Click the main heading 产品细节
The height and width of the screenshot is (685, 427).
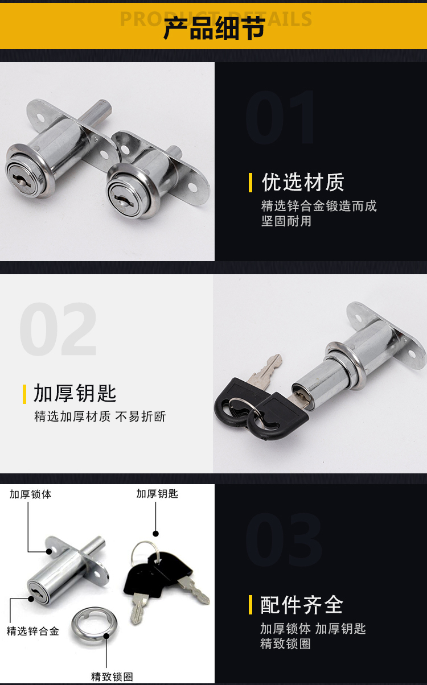pyautogui.click(x=214, y=28)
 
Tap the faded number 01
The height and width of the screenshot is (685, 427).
pyautogui.click(x=280, y=117)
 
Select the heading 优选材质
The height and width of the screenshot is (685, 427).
pyautogui.click(x=303, y=182)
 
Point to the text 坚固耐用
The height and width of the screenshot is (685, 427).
pyautogui.click(x=286, y=221)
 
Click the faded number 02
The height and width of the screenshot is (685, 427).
pyautogui.click(x=58, y=329)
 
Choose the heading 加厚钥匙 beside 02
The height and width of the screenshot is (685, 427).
pyautogui.click(x=75, y=393)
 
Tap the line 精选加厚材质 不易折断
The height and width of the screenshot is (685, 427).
pyautogui.click(x=100, y=416)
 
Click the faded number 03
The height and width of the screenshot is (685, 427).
pyautogui.click(x=284, y=539)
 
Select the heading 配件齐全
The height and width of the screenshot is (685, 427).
pyautogui.click(x=302, y=605)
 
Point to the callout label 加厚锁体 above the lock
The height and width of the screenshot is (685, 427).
pyautogui.click(x=31, y=494)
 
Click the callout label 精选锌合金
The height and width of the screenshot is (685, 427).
pyautogui.click(x=33, y=631)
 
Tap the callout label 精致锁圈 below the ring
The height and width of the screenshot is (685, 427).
pyautogui.click(x=112, y=676)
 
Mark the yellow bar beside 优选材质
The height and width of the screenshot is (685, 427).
pyautogui.click(x=251, y=183)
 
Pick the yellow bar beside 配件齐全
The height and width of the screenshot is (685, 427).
pyautogui.click(x=251, y=605)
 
